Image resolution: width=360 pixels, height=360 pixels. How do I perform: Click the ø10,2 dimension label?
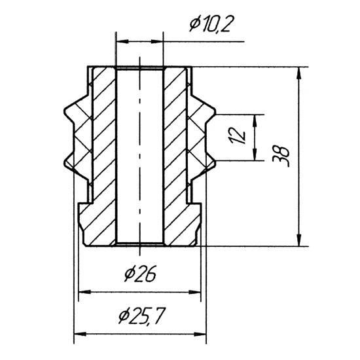click(210, 24)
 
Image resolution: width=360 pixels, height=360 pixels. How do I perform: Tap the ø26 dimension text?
click(141, 273)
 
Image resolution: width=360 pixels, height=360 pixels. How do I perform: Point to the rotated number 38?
click(281, 156)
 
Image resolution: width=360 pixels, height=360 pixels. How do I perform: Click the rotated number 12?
click(238, 135)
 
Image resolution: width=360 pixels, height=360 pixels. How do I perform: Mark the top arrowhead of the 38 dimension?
click(298, 73)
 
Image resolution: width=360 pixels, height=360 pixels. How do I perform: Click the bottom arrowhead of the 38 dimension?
click(298, 240)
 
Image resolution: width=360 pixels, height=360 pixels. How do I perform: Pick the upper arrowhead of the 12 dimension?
click(255, 120)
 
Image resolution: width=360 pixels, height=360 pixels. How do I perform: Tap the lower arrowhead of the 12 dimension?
click(255, 154)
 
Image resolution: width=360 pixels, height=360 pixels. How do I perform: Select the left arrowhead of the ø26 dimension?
click(84, 292)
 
